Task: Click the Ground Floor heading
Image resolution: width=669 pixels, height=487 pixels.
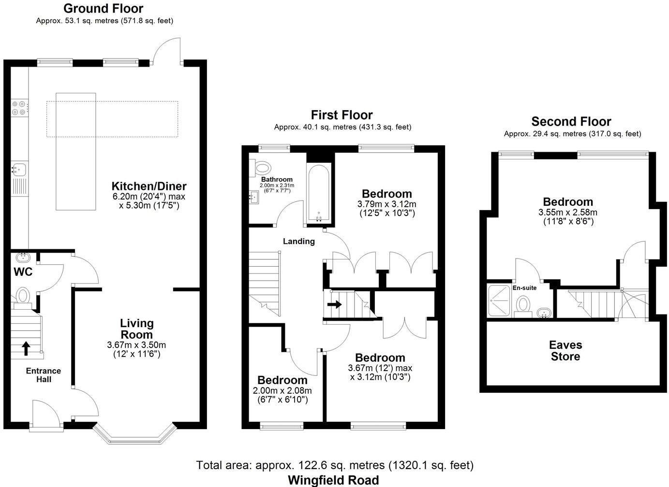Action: point(104,8)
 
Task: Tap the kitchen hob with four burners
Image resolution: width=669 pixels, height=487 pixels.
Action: point(19,108)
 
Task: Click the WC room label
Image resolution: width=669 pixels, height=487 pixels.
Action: point(23,272)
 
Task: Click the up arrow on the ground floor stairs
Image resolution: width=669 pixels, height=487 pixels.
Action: point(26,348)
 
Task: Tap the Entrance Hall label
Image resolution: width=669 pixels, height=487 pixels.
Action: point(44,375)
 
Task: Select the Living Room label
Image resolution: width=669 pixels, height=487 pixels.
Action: point(136,329)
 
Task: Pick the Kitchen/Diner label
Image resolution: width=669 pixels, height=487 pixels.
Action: point(149,186)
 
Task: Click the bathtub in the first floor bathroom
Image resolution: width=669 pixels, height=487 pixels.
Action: point(319,193)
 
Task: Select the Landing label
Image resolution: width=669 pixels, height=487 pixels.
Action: point(299,241)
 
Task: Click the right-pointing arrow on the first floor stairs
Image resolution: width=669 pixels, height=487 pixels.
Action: point(335,304)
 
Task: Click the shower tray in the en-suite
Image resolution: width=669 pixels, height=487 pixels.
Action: point(499,301)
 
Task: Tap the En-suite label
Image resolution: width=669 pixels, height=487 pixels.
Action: point(524,288)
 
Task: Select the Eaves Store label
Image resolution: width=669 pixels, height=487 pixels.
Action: point(565,351)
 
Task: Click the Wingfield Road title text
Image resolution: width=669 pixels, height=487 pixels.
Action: point(333,480)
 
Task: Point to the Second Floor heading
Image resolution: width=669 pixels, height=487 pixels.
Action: point(571,121)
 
